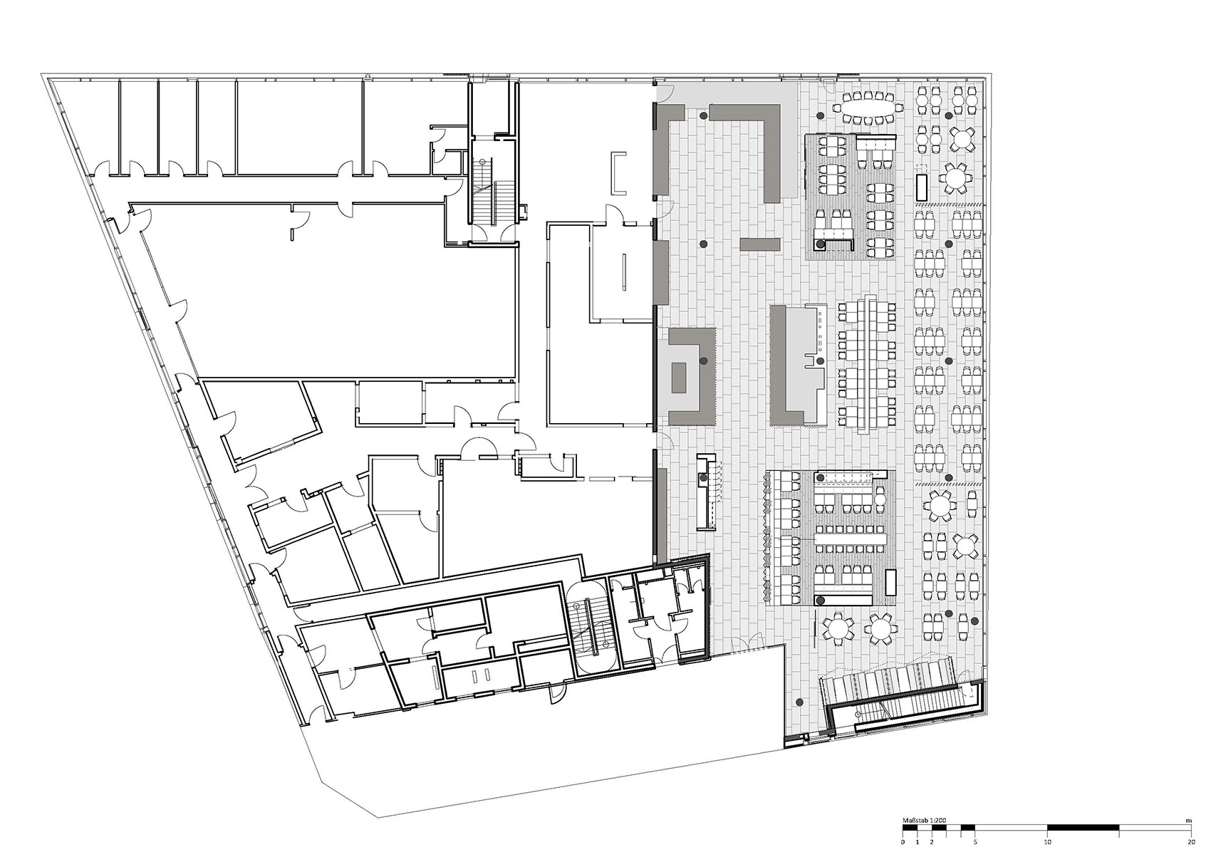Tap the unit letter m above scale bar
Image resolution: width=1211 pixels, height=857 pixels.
(x=1188, y=820)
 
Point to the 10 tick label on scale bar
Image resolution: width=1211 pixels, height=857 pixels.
(x=1047, y=842)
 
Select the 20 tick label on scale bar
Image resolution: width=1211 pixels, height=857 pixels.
(x=1190, y=842)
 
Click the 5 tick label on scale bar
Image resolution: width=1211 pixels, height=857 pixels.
(x=974, y=842)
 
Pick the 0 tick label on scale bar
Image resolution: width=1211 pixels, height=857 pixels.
(x=903, y=842)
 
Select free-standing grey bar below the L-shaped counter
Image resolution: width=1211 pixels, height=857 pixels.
(x=759, y=244)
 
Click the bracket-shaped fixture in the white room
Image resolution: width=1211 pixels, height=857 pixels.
(x=617, y=173)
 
